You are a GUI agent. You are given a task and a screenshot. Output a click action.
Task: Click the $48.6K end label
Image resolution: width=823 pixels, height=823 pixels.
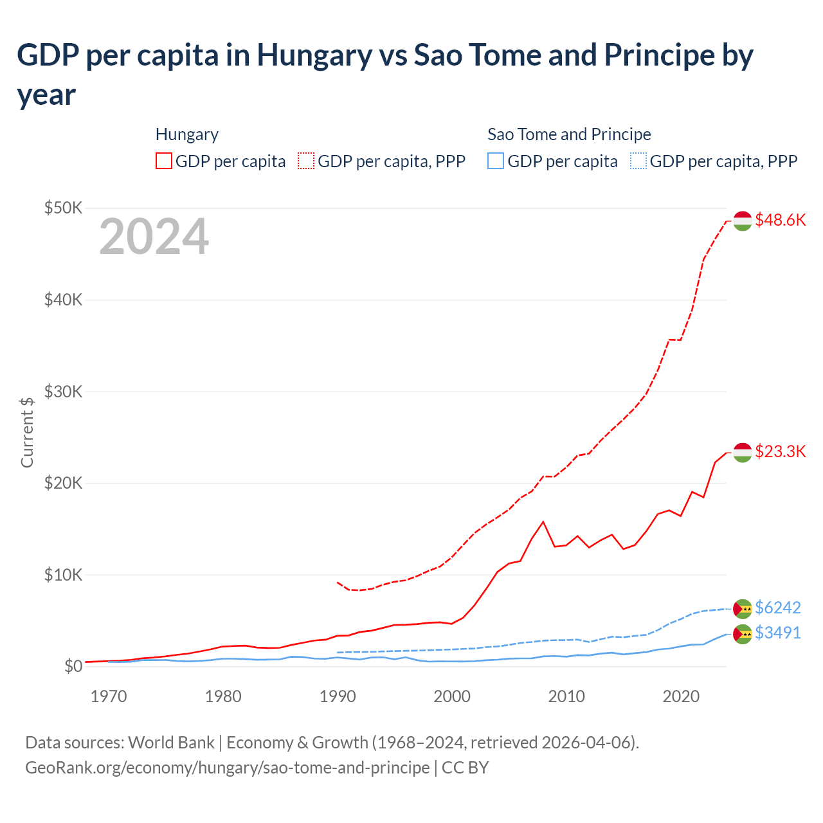tap(780, 220)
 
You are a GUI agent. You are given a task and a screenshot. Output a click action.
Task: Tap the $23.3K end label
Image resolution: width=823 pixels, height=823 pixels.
tap(780, 451)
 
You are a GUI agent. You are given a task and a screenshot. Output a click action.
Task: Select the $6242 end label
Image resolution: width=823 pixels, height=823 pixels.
tap(777, 608)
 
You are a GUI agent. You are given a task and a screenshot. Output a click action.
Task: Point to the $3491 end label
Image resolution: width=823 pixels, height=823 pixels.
tap(777, 633)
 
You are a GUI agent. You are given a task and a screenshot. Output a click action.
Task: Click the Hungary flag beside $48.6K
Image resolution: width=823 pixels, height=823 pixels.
tap(743, 221)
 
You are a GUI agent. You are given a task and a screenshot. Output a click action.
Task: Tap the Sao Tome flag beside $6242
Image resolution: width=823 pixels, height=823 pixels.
tap(743, 608)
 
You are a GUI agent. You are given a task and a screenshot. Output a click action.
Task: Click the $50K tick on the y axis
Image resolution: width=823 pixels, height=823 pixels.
tap(63, 208)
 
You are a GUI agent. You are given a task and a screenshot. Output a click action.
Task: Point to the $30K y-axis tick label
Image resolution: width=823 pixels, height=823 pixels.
tap(63, 391)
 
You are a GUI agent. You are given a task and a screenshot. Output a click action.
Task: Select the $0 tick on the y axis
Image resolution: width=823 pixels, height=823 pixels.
tap(73, 666)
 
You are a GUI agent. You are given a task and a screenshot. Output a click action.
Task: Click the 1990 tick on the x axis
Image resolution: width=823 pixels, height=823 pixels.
tap(338, 696)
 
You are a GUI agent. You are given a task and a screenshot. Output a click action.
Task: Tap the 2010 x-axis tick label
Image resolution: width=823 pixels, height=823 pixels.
tap(566, 696)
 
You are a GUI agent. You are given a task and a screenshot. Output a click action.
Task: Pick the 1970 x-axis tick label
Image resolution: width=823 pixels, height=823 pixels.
tap(109, 696)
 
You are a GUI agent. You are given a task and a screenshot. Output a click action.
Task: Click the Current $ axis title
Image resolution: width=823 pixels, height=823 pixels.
tap(27, 432)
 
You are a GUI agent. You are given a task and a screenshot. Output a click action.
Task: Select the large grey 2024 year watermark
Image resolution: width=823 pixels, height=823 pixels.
tap(154, 237)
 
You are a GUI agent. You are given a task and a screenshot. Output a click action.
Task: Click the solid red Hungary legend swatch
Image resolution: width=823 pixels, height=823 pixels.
tap(164, 161)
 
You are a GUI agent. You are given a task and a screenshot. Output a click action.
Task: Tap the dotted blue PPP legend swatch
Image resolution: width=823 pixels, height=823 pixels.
tap(638, 161)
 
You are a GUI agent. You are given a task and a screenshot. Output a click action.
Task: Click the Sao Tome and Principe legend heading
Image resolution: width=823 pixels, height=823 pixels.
tap(569, 134)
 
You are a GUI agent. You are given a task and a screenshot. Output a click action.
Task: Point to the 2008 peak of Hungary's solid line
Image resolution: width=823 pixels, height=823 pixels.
tap(543, 521)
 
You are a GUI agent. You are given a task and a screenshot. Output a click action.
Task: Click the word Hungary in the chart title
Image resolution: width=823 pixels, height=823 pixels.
tap(314, 55)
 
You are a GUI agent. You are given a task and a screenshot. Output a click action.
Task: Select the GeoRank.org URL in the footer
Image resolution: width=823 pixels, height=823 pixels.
tap(227, 768)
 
